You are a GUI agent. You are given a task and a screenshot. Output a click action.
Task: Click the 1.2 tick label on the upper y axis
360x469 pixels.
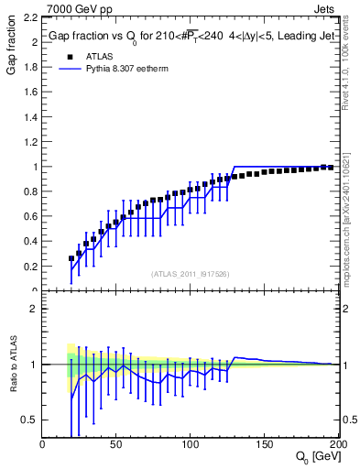[29, 142]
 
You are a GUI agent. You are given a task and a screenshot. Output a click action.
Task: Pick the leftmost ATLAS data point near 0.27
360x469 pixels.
[71, 258]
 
